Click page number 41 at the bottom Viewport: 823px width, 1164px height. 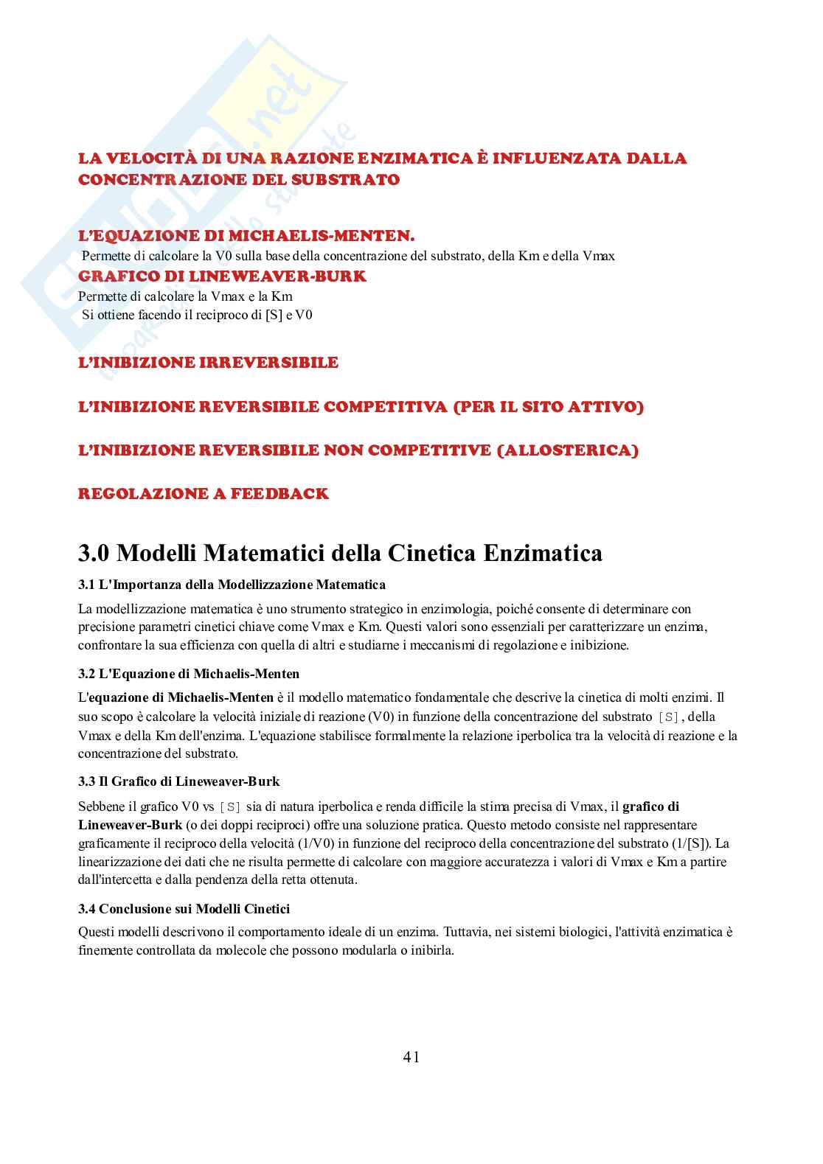click(411, 1057)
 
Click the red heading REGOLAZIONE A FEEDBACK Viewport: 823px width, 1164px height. click(203, 494)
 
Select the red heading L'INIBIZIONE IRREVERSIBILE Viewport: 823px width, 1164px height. click(208, 363)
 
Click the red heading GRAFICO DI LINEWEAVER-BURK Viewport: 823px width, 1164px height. click(222, 276)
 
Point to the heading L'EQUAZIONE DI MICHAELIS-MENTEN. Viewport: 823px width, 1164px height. click(246, 236)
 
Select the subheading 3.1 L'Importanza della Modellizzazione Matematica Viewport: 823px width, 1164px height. click(232, 585)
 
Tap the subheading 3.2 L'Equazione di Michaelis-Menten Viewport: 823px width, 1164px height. click(189, 674)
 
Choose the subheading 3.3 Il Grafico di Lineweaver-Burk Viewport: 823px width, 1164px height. click(178, 781)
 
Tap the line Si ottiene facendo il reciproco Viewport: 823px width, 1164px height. click(197, 315)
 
